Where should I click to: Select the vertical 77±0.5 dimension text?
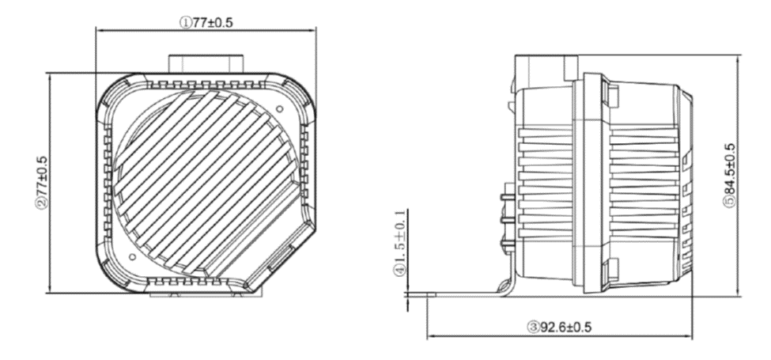click(41, 184)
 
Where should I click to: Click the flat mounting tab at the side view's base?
click(459, 295)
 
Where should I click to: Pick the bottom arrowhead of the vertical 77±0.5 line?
click(50, 290)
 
